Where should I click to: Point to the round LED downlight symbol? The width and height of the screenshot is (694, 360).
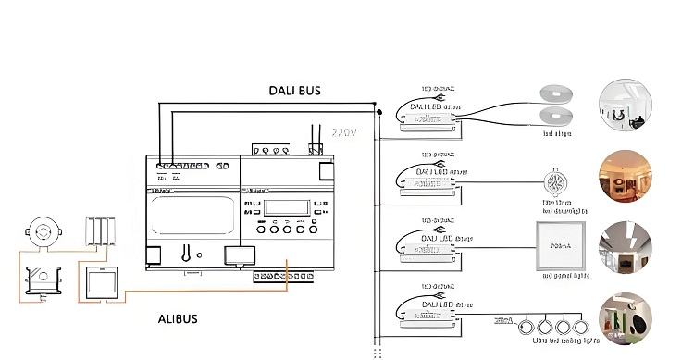(x=555, y=180)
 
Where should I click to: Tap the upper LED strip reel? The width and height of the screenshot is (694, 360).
(x=555, y=93)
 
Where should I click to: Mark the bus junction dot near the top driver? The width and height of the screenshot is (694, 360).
(x=378, y=111)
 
